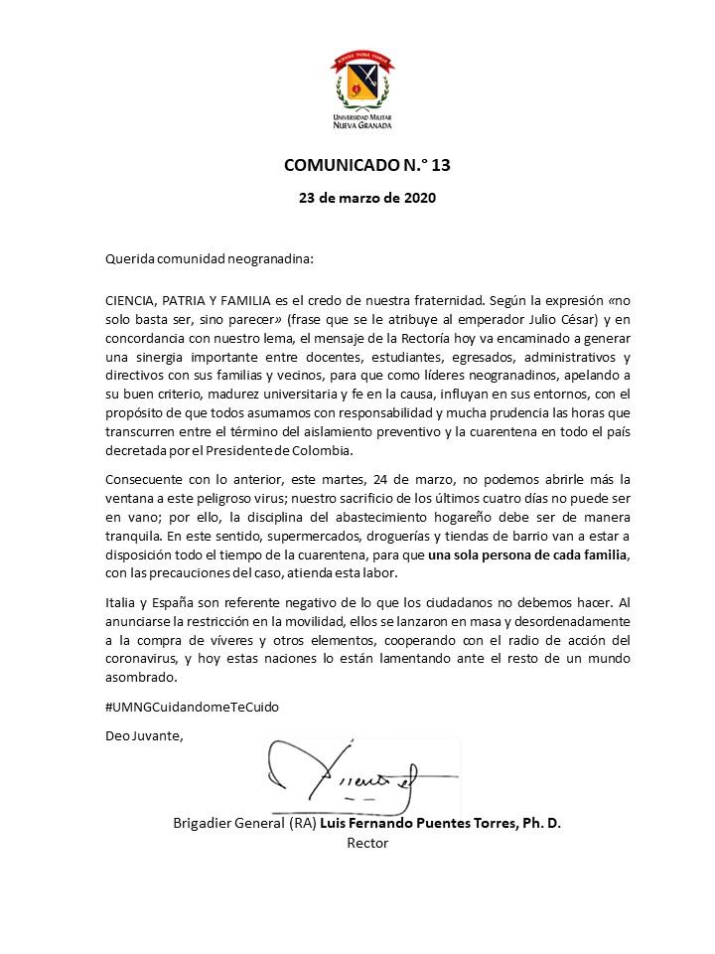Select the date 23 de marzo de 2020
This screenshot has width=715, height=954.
click(x=367, y=197)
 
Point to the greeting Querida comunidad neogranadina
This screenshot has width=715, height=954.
click(x=210, y=259)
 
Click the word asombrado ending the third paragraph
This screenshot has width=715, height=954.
click(x=141, y=678)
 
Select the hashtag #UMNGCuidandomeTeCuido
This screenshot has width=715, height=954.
click(x=192, y=707)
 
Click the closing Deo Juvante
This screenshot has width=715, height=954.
click(x=144, y=736)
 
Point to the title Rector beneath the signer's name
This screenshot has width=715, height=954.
click(x=367, y=843)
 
